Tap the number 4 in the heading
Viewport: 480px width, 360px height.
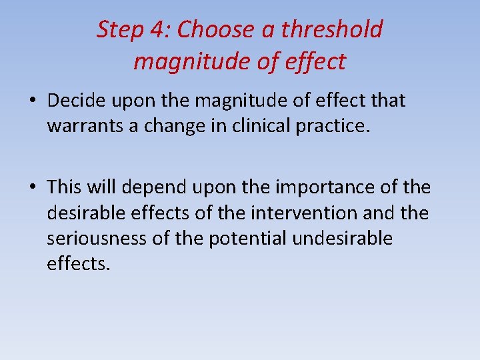(157, 30)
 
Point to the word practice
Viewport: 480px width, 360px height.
(334, 126)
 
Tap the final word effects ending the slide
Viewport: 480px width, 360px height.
(76, 264)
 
